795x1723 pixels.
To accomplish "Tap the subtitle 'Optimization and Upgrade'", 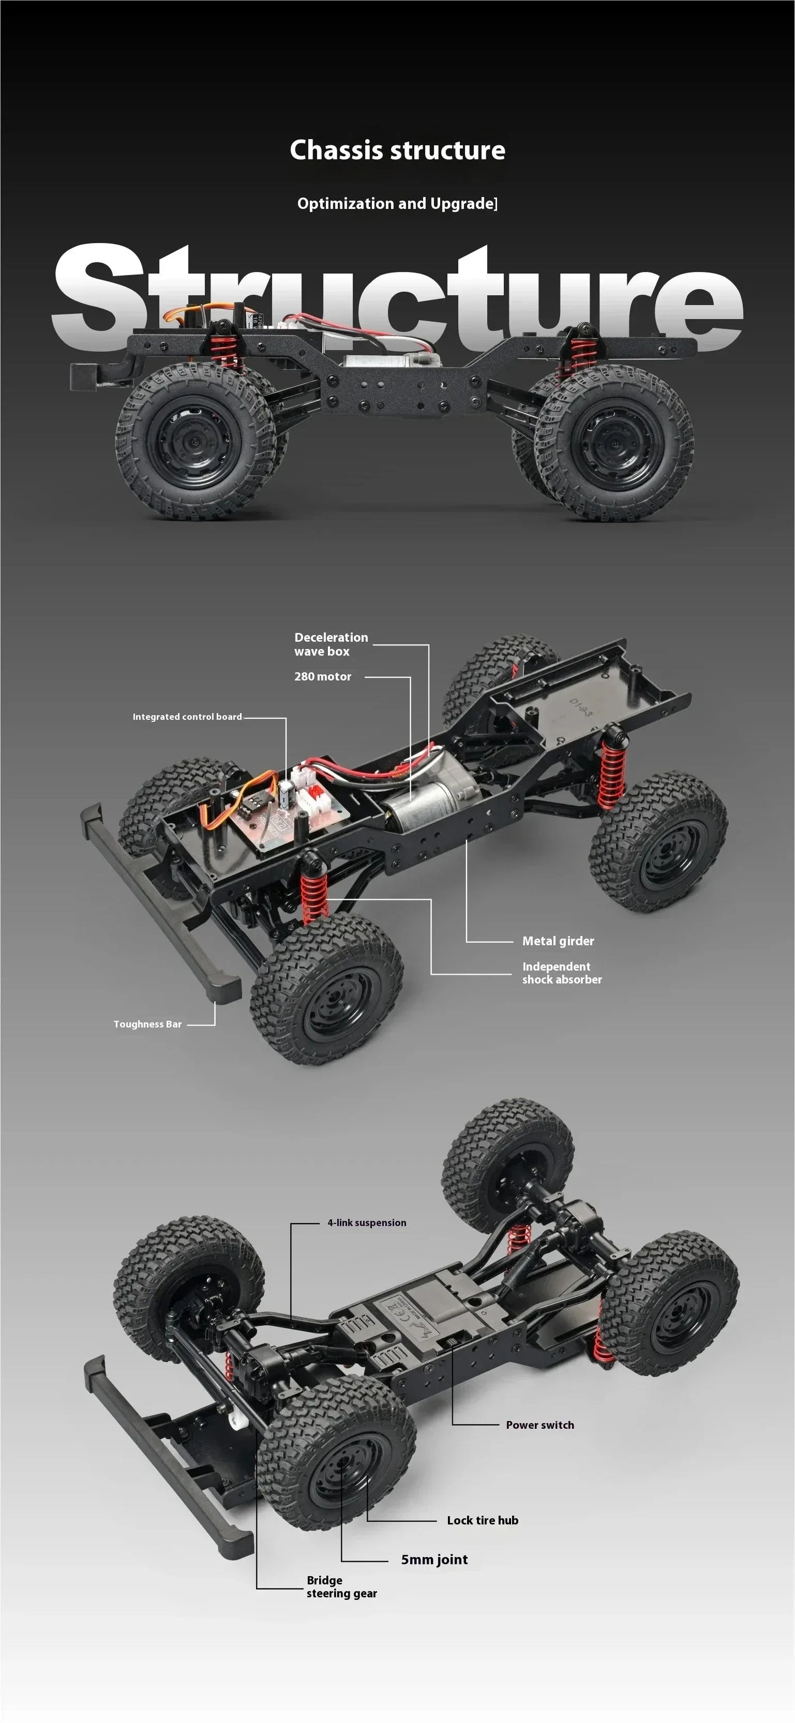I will [x=397, y=203].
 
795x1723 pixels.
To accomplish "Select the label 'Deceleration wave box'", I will [x=331, y=644].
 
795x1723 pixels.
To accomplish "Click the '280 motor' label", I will [x=322, y=676].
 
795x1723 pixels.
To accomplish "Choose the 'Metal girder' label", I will [x=557, y=940].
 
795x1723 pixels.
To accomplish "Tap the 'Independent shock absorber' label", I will [x=562, y=972].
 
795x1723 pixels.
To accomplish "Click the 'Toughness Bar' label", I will [x=147, y=1024].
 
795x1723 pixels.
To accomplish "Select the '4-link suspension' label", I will [x=367, y=1223].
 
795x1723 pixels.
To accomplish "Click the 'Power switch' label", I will [x=539, y=1425].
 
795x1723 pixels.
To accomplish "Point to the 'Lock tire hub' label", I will [x=482, y=1520].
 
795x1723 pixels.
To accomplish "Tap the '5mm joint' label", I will [x=434, y=1559].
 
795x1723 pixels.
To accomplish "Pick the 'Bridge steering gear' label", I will [x=341, y=1587].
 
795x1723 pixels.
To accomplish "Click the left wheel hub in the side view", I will [x=195, y=442].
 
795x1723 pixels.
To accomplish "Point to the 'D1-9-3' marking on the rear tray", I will [x=581, y=708].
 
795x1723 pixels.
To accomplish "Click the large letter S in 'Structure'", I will [x=97, y=294].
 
